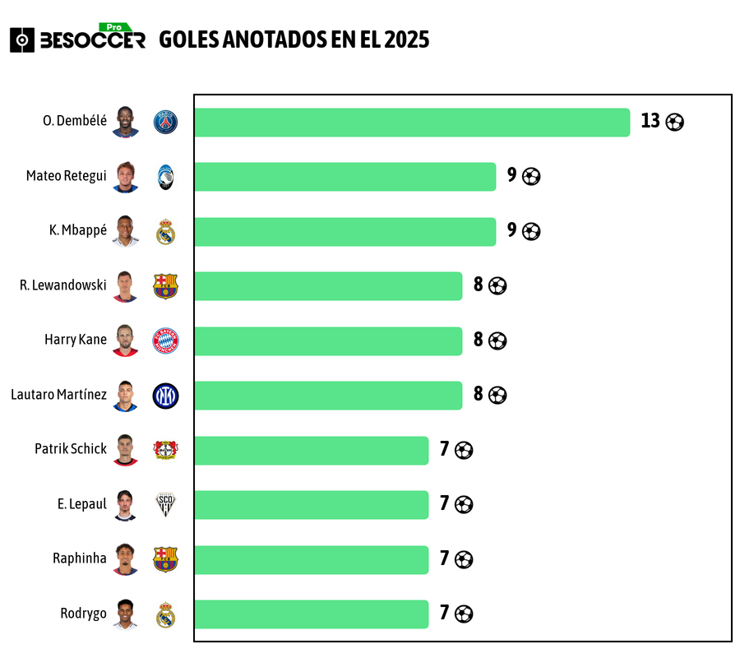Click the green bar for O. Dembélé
tap(411, 122)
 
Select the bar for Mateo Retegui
tap(345, 176)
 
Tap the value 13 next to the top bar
tap(650, 121)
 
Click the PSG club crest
tap(165, 123)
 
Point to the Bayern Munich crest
tap(165, 341)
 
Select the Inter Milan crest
tap(165, 396)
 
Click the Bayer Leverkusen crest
tap(165, 450)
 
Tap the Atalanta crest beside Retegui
tap(165, 177)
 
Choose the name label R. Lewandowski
tap(63, 285)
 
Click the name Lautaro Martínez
tap(58, 395)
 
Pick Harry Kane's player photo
tap(126, 341)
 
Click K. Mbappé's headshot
tap(126, 231)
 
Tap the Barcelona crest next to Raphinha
tap(165, 559)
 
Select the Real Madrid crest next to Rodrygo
tap(165, 614)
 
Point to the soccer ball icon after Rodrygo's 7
tap(464, 614)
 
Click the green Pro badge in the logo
tap(114, 27)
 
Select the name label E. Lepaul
tap(81, 504)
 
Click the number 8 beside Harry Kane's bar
tap(478, 340)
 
